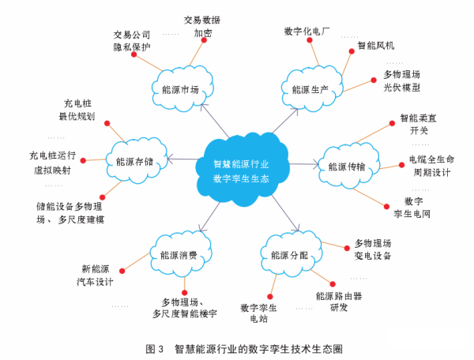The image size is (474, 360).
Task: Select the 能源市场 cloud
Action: tap(184, 89)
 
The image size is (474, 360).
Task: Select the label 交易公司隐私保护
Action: tap(132, 41)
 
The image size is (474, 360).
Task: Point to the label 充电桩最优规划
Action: tap(77, 110)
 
